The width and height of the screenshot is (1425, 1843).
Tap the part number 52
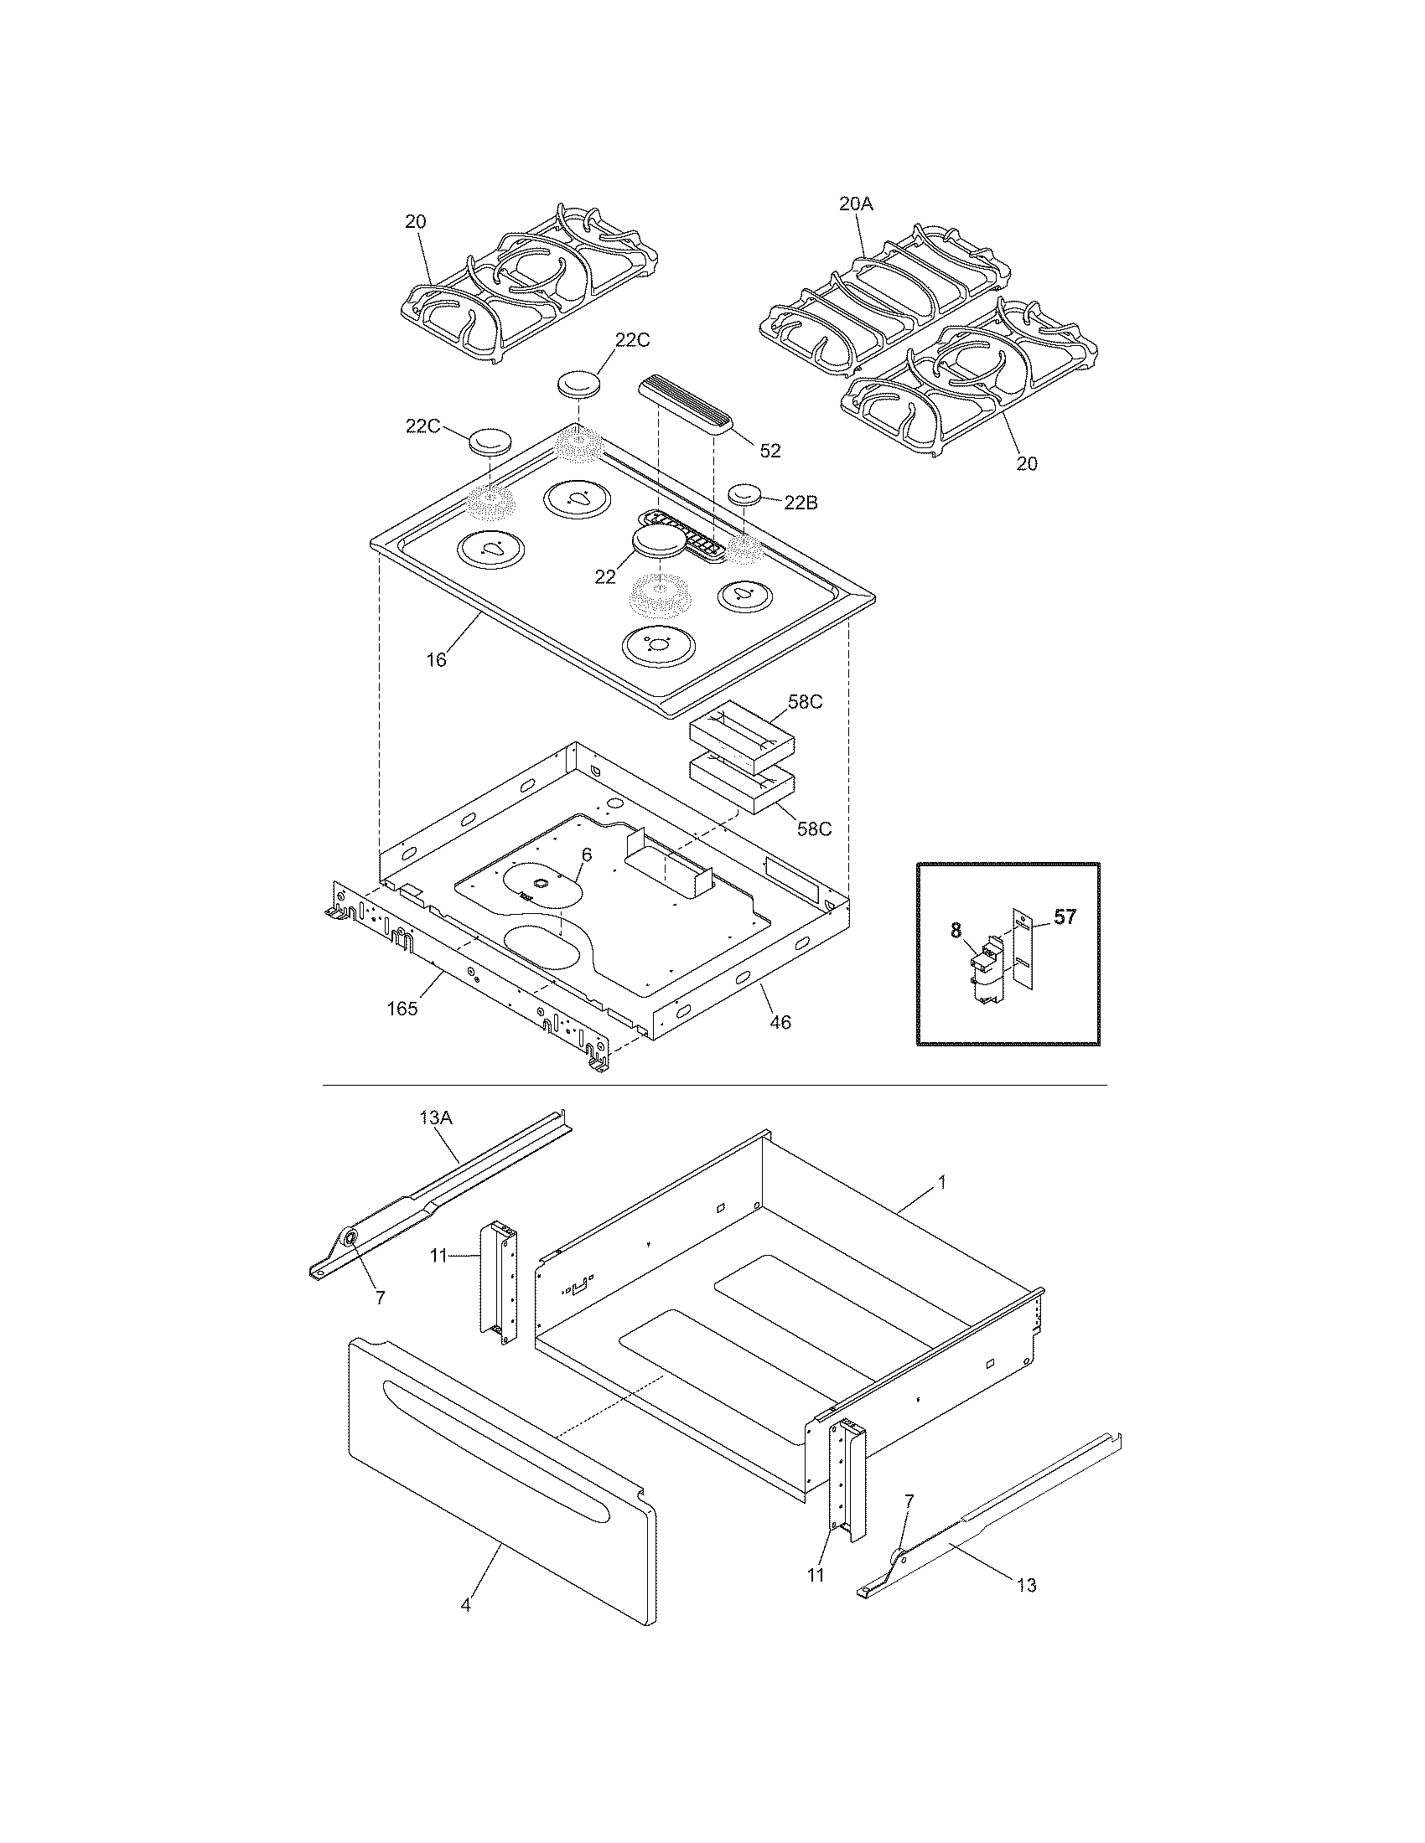[769, 451]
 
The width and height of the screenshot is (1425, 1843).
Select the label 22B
[801, 503]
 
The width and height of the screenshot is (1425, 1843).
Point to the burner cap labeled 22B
[745, 493]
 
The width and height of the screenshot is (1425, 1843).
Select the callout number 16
[436, 660]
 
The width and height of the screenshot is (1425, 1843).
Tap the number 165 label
[402, 1009]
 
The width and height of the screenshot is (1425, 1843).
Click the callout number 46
[781, 1023]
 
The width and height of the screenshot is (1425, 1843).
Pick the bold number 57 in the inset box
[1065, 916]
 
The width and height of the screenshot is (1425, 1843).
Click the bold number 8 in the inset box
[956, 931]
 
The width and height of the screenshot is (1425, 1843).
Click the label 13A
[436, 1118]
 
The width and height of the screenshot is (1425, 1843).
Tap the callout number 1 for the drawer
[942, 1183]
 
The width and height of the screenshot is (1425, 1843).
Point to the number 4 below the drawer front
[465, 1604]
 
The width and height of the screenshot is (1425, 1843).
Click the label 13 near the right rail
[1026, 1585]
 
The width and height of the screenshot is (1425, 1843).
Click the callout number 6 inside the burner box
[586, 854]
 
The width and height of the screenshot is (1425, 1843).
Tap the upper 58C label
[805, 702]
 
